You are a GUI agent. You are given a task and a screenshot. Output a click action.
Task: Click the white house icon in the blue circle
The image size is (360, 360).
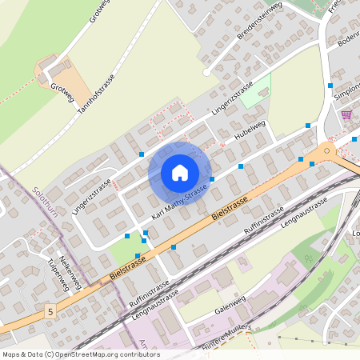[x=180, y=173]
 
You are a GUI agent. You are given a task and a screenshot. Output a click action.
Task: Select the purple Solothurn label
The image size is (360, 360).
[x=47, y=204]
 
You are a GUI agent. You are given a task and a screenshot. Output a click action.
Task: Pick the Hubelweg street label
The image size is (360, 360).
[x=249, y=130]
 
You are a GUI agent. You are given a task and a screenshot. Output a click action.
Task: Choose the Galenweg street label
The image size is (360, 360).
[x=231, y=310]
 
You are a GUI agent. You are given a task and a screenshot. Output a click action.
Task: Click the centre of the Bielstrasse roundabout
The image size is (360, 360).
[x=326, y=150]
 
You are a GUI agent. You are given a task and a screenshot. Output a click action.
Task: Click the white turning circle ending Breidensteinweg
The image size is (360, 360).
[x=207, y=72]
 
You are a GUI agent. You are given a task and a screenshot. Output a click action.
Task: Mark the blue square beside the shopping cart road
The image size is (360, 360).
[x=330, y=85]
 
